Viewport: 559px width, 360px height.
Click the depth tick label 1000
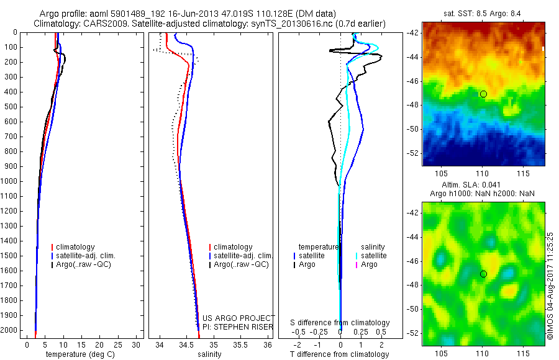tap(11, 181)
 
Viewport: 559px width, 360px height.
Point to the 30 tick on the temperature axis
tap(137, 344)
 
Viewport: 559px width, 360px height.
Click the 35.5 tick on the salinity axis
tap(240, 344)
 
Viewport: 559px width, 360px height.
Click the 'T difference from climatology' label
tap(339, 354)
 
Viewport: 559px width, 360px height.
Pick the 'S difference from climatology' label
tap(340, 323)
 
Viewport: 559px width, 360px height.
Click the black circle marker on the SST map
tap(483, 94)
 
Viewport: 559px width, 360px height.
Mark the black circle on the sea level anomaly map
tap(483, 274)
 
